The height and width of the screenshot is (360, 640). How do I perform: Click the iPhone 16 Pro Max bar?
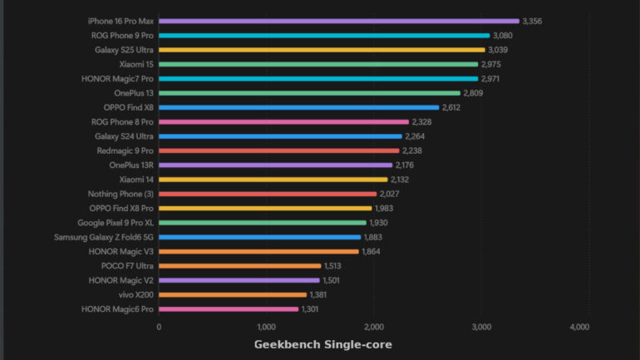[338, 21]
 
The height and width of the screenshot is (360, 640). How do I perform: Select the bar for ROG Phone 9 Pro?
[324, 36]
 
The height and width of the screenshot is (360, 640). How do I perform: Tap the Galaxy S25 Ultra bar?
[322, 50]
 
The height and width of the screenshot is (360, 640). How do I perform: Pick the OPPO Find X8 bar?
[299, 107]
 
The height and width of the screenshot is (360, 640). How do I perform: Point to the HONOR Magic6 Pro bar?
[229, 309]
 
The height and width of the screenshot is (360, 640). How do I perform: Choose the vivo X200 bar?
[233, 294]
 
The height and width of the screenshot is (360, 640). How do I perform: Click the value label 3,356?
[533, 21]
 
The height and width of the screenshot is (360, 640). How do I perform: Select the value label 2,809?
[474, 93]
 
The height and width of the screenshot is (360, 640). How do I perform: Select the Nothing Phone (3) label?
[121, 194]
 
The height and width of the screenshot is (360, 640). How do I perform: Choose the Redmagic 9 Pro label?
[125, 150]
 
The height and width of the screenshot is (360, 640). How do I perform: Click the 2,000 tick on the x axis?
[374, 327]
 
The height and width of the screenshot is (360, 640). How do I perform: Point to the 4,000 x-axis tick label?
[579, 327]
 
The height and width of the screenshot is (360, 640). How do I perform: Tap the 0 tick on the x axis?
[159, 327]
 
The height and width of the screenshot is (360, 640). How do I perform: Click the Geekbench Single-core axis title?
[322, 344]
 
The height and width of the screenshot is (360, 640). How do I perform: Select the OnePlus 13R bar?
[275, 165]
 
